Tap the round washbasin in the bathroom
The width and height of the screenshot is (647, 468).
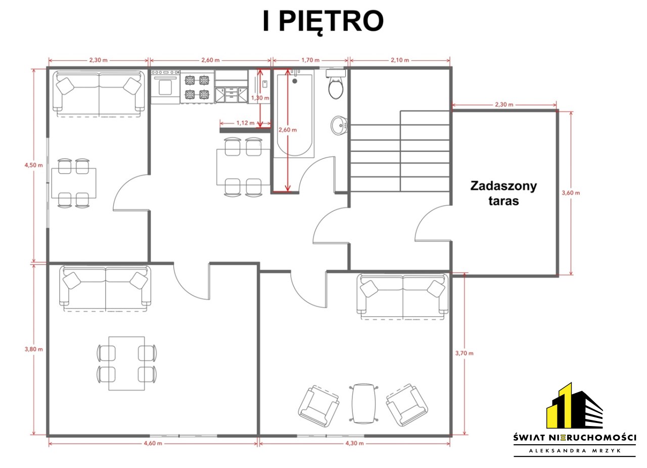(x=339, y=125)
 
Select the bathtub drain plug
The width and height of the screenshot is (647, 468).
(x=295, y=81)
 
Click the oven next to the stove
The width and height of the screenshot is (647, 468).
(x=165, y=86)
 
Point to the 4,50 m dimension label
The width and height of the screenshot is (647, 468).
(x=33, y=165)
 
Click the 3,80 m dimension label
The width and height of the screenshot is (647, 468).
(x=33, y=349)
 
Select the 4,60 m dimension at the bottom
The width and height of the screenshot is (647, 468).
(x=153, y=443)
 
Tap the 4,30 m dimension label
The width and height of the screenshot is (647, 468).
(x=354, y=443)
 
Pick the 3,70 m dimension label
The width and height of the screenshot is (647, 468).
(x=465, y=353)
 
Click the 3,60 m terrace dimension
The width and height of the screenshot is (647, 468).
(x=571, y=193)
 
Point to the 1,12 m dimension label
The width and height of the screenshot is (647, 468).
(x=246, y=123)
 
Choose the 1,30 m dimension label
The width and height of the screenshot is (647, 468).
(x=260, y=98)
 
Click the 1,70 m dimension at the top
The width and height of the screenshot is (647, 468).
(x=310, y=60)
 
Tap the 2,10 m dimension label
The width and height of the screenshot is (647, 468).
(x=400, y=60)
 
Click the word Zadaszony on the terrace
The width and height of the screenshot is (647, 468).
(x=503, y=187)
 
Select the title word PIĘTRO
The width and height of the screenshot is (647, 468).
(x=331, y=22)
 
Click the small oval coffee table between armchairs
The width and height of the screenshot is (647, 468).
(x=363, y=403)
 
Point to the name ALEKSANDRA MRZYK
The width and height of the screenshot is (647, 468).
(x=575, y=451)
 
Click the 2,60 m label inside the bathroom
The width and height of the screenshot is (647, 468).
(x=288, y=130)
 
